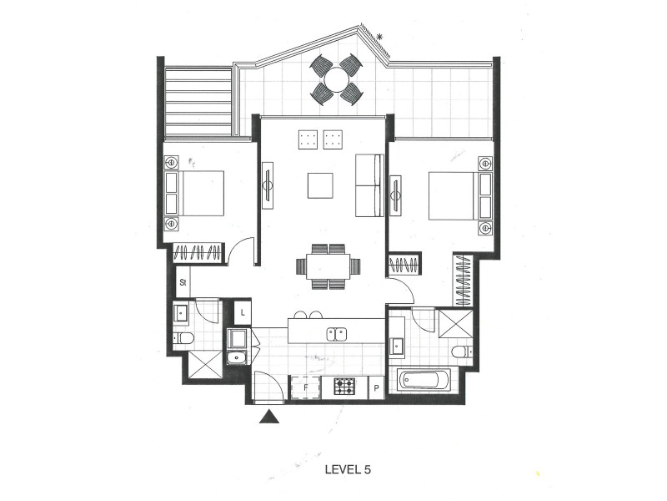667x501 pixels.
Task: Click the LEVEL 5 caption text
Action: tap(347, 470)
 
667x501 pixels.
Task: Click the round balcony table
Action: tap(337, 79)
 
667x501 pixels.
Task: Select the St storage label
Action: tap(183, 283)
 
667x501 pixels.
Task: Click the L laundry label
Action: tap(243, 312)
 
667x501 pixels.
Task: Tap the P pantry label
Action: tap(376, 387)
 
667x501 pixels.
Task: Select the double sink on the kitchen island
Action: tap(338, 334)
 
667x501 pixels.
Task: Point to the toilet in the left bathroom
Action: tap(184, 338)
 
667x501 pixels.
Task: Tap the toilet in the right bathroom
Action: tap(462, 352)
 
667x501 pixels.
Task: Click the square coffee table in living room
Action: tap(320, 185)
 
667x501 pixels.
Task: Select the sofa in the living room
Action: tap(369, 185)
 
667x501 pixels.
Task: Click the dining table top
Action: tap(328, 266)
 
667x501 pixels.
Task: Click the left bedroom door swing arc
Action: tap(242, 250)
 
